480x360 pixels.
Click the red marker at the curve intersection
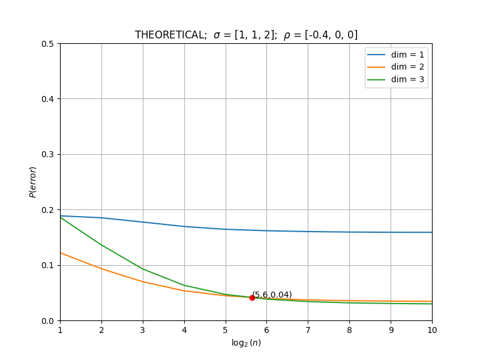252,298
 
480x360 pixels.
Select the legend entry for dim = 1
395,55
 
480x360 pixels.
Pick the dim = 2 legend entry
395,67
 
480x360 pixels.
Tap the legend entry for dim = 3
395,80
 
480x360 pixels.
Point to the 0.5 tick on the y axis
47,44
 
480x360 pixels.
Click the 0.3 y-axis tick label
47,155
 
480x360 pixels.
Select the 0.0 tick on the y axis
47,321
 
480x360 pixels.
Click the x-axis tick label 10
432,330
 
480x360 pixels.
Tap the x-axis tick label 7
308,330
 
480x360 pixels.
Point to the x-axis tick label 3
143,330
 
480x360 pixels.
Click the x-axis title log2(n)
246,343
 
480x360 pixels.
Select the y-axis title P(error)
33,182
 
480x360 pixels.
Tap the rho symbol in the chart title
287,35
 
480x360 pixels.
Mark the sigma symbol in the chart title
217,35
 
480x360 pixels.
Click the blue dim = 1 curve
246,230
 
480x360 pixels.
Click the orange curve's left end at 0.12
61,253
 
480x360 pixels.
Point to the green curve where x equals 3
143,269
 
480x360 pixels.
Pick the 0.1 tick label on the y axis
47,265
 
